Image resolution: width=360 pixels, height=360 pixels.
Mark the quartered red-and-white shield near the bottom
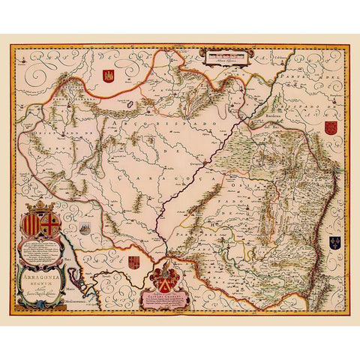(x=134, y=262)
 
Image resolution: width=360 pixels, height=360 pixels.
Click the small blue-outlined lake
(x=136, y=95)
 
